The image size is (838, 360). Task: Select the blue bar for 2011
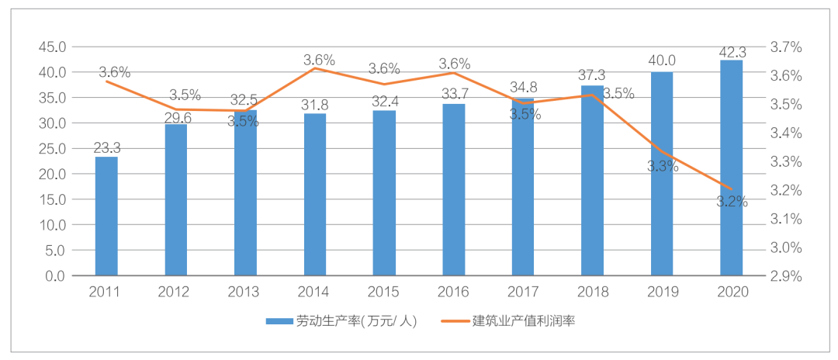tap(106, 216)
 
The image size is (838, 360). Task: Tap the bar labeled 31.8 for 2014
tap(315, 195)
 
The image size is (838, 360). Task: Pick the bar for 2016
tap(454, 190)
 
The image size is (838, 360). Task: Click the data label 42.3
tap(732, 53)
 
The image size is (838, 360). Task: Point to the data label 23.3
tap(106, 148)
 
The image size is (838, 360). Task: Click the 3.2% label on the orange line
tap(732, 202)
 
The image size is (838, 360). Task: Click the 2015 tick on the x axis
tap(384, 292)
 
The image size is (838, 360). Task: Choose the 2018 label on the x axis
tap(592, 292)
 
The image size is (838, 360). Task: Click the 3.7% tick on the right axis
tap(784, 47)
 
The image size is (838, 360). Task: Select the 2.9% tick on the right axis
tap(784, 276)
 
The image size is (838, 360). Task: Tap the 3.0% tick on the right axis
tap(784, 247)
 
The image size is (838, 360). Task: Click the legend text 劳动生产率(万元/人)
tap(356, 321)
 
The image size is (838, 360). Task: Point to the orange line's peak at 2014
tap(315, 68)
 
